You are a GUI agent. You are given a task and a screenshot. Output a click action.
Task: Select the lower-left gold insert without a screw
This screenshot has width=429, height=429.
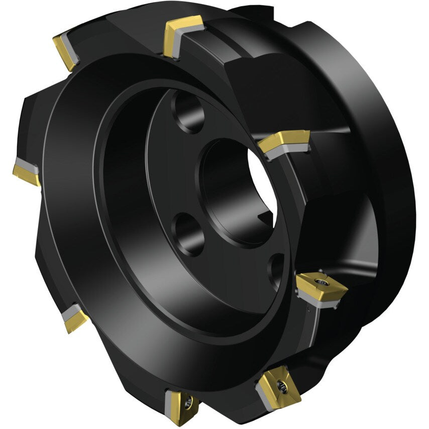[x=74, y=319]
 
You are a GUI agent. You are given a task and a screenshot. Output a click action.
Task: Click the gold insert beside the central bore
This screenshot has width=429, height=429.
[x=284, y=140]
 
